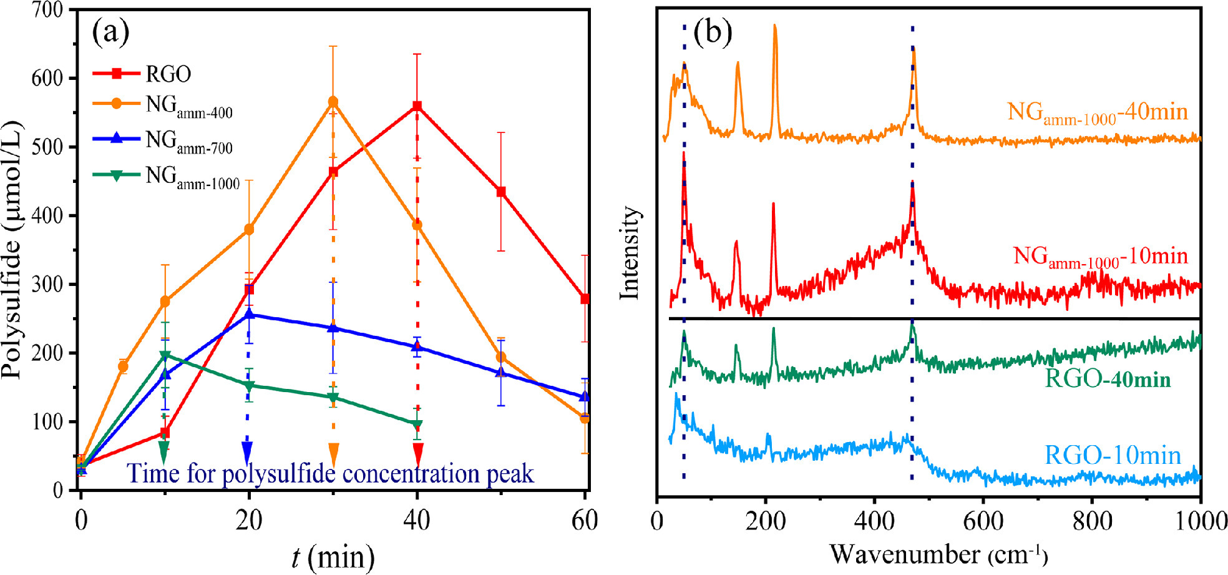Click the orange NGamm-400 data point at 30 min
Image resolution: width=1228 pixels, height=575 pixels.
(333, 102)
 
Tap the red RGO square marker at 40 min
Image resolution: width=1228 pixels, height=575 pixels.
(417, 106)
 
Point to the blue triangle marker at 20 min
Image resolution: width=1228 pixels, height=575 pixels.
(249, 315)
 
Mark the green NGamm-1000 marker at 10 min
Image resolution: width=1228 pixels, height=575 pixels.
(165, 355)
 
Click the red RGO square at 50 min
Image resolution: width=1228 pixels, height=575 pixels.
(501, 192)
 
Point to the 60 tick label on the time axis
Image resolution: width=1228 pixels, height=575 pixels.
(585, 521)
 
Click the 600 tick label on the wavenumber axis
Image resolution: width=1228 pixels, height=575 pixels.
(983, 521)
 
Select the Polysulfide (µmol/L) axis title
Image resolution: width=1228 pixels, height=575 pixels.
(12, 250)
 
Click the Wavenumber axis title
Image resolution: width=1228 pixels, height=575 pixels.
(938, 554)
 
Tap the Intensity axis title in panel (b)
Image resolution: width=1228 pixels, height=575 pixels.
(630, 252)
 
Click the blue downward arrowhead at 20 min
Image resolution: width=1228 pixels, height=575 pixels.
(248, 451)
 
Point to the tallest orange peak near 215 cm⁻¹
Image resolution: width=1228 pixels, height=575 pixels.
(775, 26)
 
